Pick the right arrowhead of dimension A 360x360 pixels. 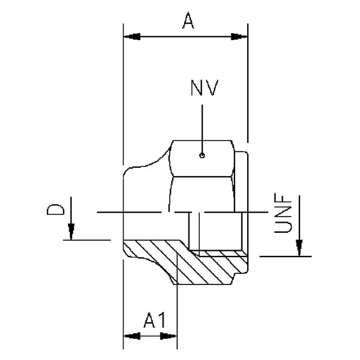pyautogui.click(x=240, y=37)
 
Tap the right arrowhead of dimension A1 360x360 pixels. pyautogui.click(x=169, y=336)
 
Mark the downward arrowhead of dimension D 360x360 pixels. pyautogui.click(x=72, y=231)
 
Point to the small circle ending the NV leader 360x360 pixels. pyautogui.click(x=201, y=155)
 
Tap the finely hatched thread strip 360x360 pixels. pyautogui.click(x=215, y=253)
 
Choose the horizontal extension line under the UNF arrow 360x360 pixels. pyautogui.click(x=284, y=256)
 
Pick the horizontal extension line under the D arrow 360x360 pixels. pyautogui.click(x=87, y=239)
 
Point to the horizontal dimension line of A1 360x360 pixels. pyautogui.click(x=150, y=336)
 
